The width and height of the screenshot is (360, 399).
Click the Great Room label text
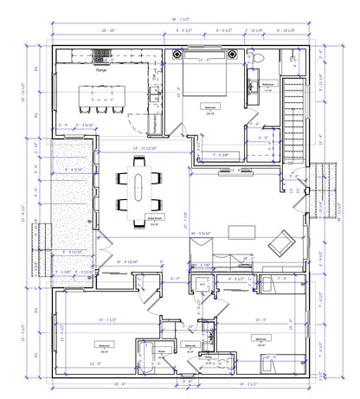point(156,221)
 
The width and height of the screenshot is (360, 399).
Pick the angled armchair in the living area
point(280,246)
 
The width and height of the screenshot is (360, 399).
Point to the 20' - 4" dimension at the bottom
point(119,383)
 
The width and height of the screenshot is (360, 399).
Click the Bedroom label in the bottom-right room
point(260,338)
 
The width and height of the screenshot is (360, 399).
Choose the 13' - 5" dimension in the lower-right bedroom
point(260,319)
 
